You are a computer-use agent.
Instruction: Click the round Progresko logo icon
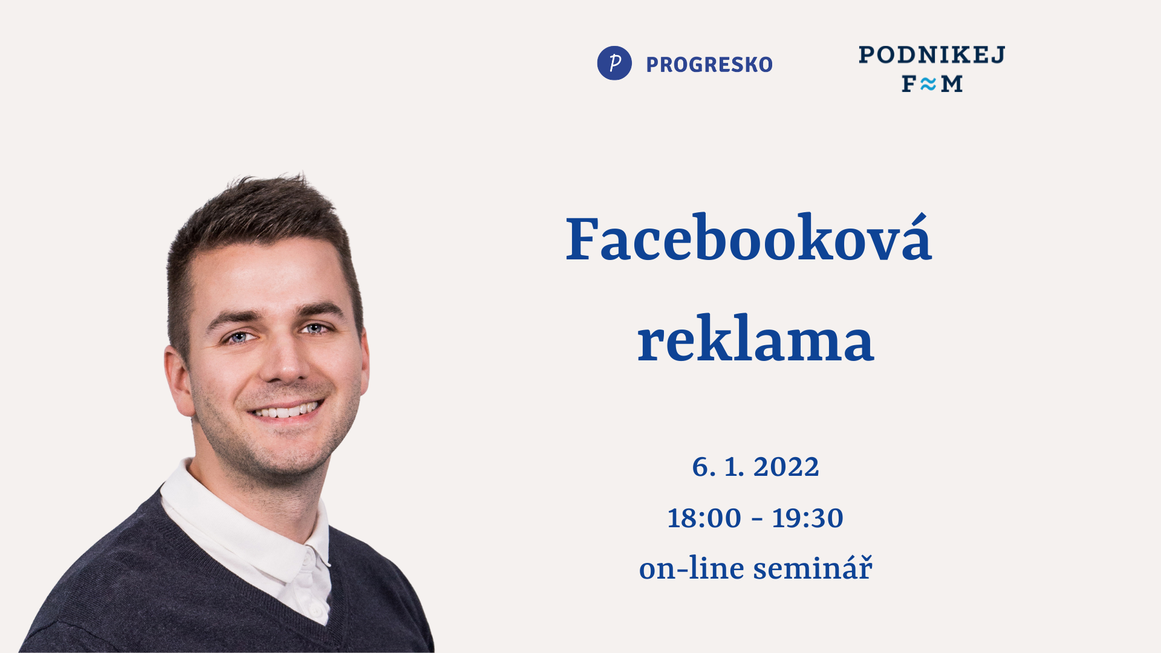tap(614, 63)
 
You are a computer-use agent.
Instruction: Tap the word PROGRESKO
tap(709, 65)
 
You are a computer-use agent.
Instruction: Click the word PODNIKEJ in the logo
tap(932, 54)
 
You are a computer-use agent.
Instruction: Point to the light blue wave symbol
tap(928, 84)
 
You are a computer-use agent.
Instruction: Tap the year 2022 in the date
tap(786, 467)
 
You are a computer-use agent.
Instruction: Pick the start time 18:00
tap(704, 518)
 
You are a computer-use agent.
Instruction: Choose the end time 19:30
tap(807, 518)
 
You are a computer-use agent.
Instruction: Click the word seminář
tap(813, 568)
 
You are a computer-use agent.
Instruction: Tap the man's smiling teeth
tap(285, 411)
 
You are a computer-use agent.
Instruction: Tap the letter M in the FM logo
tap(952, 84)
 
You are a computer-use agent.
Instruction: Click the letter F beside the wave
tap(909, 84)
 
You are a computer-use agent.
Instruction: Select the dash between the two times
tap(756, 519)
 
